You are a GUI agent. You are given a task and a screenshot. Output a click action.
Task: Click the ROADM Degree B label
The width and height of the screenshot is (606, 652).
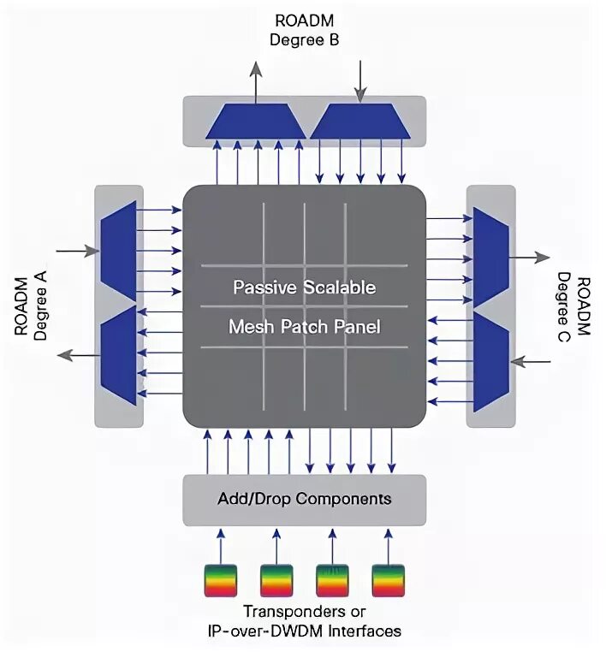pos(304,29)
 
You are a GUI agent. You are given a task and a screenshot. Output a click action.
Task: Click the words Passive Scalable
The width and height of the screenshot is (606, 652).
pos(304,287)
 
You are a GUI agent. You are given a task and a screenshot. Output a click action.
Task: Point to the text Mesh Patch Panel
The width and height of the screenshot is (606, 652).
pos(304,326)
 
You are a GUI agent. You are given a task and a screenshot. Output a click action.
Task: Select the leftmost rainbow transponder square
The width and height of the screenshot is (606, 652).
pos(220,580)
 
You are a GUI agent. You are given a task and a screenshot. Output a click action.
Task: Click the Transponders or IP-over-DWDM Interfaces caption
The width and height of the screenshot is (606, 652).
pos(304,621)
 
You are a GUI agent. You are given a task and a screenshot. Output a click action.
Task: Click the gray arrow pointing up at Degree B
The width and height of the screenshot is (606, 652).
pos(255,81)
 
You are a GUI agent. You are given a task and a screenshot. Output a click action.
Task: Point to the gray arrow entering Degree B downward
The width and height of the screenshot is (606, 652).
pos(360,81)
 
